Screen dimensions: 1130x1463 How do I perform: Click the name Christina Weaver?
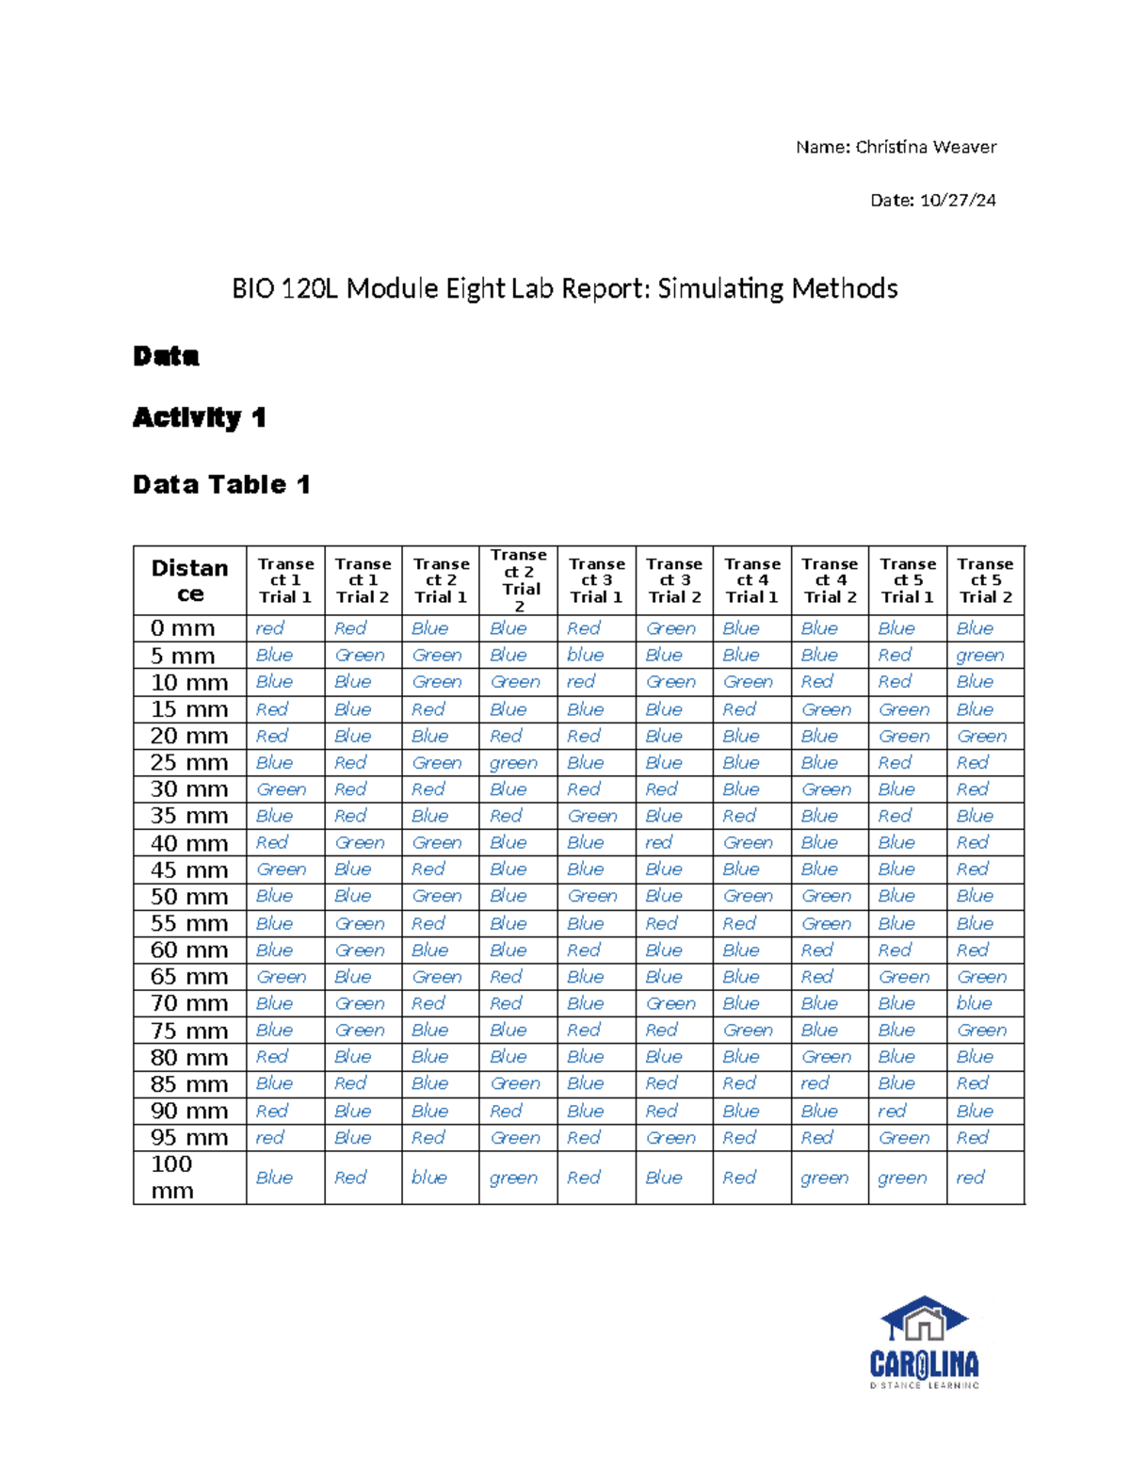click(925, 147)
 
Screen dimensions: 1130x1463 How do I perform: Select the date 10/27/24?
click(958, 200)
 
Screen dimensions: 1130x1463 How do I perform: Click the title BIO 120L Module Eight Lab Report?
click(564, 288)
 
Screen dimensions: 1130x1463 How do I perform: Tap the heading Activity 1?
click(199, 417)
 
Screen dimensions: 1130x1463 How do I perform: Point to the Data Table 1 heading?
click(221, 484)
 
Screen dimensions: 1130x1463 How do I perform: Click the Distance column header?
click(190, 580)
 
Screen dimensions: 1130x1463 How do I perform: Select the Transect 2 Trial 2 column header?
click(519, 580)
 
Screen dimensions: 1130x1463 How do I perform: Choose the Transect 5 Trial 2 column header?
click(985, 580)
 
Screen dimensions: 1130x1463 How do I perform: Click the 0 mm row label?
click(183, 628)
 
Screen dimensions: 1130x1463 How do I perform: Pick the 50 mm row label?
click(189, 896)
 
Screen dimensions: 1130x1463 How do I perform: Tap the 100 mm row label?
click(172, 1178)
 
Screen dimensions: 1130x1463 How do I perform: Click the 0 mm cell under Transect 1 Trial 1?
click(269, 628)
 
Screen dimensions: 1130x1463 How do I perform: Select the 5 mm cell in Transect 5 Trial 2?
click(979, 655)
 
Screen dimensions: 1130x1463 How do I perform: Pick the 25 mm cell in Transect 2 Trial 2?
click(513, 762)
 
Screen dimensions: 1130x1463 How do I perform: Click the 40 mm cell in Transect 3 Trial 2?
click(658, 842)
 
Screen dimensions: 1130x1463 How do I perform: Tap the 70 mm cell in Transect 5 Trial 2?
click(974, 1003)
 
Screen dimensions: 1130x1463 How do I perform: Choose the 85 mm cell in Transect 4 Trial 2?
click(815, 1083)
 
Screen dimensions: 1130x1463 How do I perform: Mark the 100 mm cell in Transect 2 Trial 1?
click(429, 1178)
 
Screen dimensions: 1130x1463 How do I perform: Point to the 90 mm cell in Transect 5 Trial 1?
click(892, 1111)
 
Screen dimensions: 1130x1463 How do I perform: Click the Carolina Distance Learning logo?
click(924, 1342)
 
